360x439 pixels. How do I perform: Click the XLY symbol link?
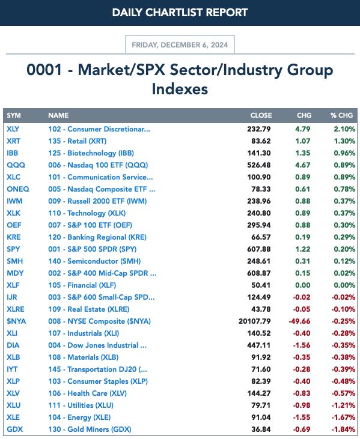click(x=13, y=129)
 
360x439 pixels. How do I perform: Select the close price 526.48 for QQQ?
click(x=259, y=165)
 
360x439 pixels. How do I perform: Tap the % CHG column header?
click(x=341, y=115)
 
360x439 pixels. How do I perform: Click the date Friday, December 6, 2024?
click(x=180, y=45)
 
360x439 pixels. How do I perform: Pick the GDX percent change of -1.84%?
click(x=343, y=429)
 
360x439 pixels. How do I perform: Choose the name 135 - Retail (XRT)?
click(x=78, y=141)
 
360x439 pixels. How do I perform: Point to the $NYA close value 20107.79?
click(x=255, y=321)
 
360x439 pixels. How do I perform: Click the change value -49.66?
click(x=299, y=321)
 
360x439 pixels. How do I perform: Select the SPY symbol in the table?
click(x=13, y=249)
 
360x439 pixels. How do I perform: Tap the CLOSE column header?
click(x=261, y=115)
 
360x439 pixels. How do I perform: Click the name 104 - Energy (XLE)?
click(x=79, y=417)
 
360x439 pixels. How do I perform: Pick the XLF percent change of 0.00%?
click(x=344, y=285)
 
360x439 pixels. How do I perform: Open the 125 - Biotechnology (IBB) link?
click(x=91, y=153)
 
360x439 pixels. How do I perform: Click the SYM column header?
click(x=14, y=115)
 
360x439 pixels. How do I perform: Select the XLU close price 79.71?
click(x=261, y=405)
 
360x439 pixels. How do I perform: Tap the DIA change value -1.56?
click(x=302, y=345)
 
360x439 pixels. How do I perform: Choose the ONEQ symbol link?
click(x=18, y=189)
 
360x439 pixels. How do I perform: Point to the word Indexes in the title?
click(x=180, y=89)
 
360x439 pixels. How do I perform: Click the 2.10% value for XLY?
click(x=344, y=129)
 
